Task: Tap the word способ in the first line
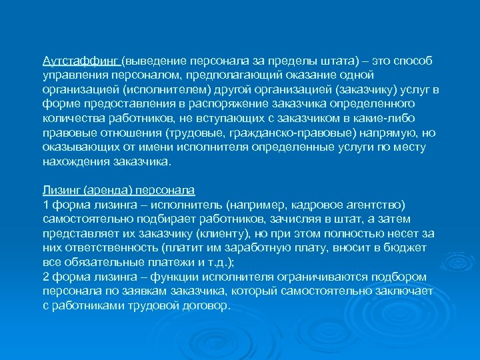coord(413,61)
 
